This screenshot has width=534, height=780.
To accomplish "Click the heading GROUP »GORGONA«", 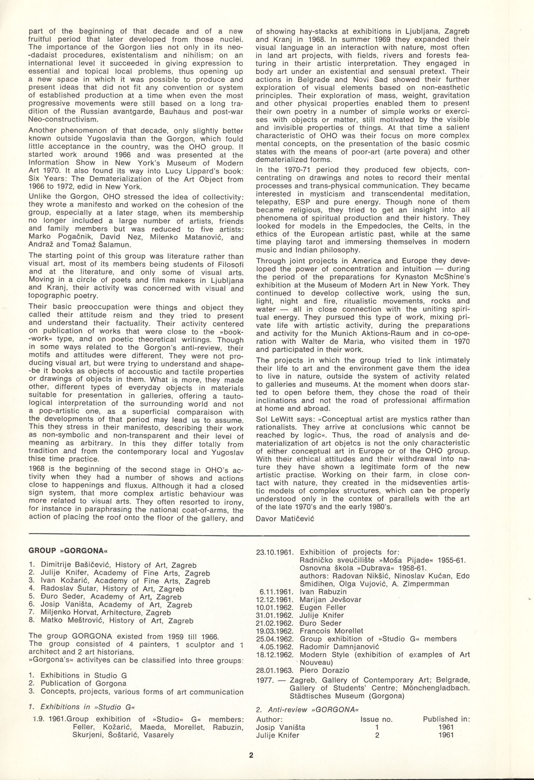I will pyautogui.click(x=68, y=550).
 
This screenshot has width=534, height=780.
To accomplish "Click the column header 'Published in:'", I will pyautogui.click(x=447, y=719).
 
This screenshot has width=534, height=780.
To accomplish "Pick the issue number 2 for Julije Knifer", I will pyautogui.click(x=377, y=735).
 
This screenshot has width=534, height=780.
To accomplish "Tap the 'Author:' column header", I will pyautogui.click(x=269, y=719).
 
